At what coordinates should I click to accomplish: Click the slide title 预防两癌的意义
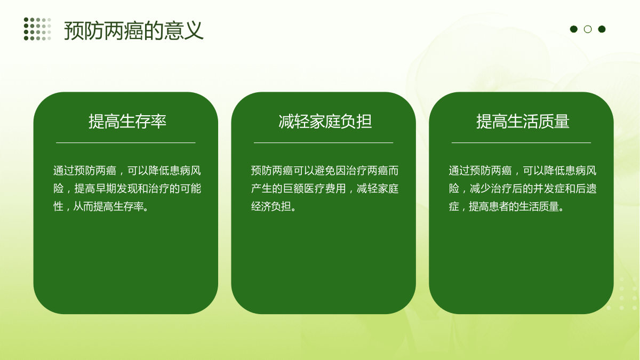coord(134,30)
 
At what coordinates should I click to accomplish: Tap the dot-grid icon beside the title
coord(37,29)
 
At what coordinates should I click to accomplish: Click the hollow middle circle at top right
coord(588,29)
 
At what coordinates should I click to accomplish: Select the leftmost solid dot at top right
coord(574,29)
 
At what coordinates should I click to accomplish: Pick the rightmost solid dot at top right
coord(602,29)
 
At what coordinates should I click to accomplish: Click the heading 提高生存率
coord(127,121)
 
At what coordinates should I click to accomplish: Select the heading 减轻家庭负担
coord(325,121)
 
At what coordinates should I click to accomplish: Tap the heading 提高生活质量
coord(523,121)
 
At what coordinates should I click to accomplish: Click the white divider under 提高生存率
coord(126,142)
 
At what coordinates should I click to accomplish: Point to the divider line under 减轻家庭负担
coord(323,142)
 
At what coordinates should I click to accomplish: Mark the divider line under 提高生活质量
coord(521,142)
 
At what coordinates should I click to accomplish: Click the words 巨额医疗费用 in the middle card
coord(314,189)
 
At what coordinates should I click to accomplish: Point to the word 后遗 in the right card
coord(586,189)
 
